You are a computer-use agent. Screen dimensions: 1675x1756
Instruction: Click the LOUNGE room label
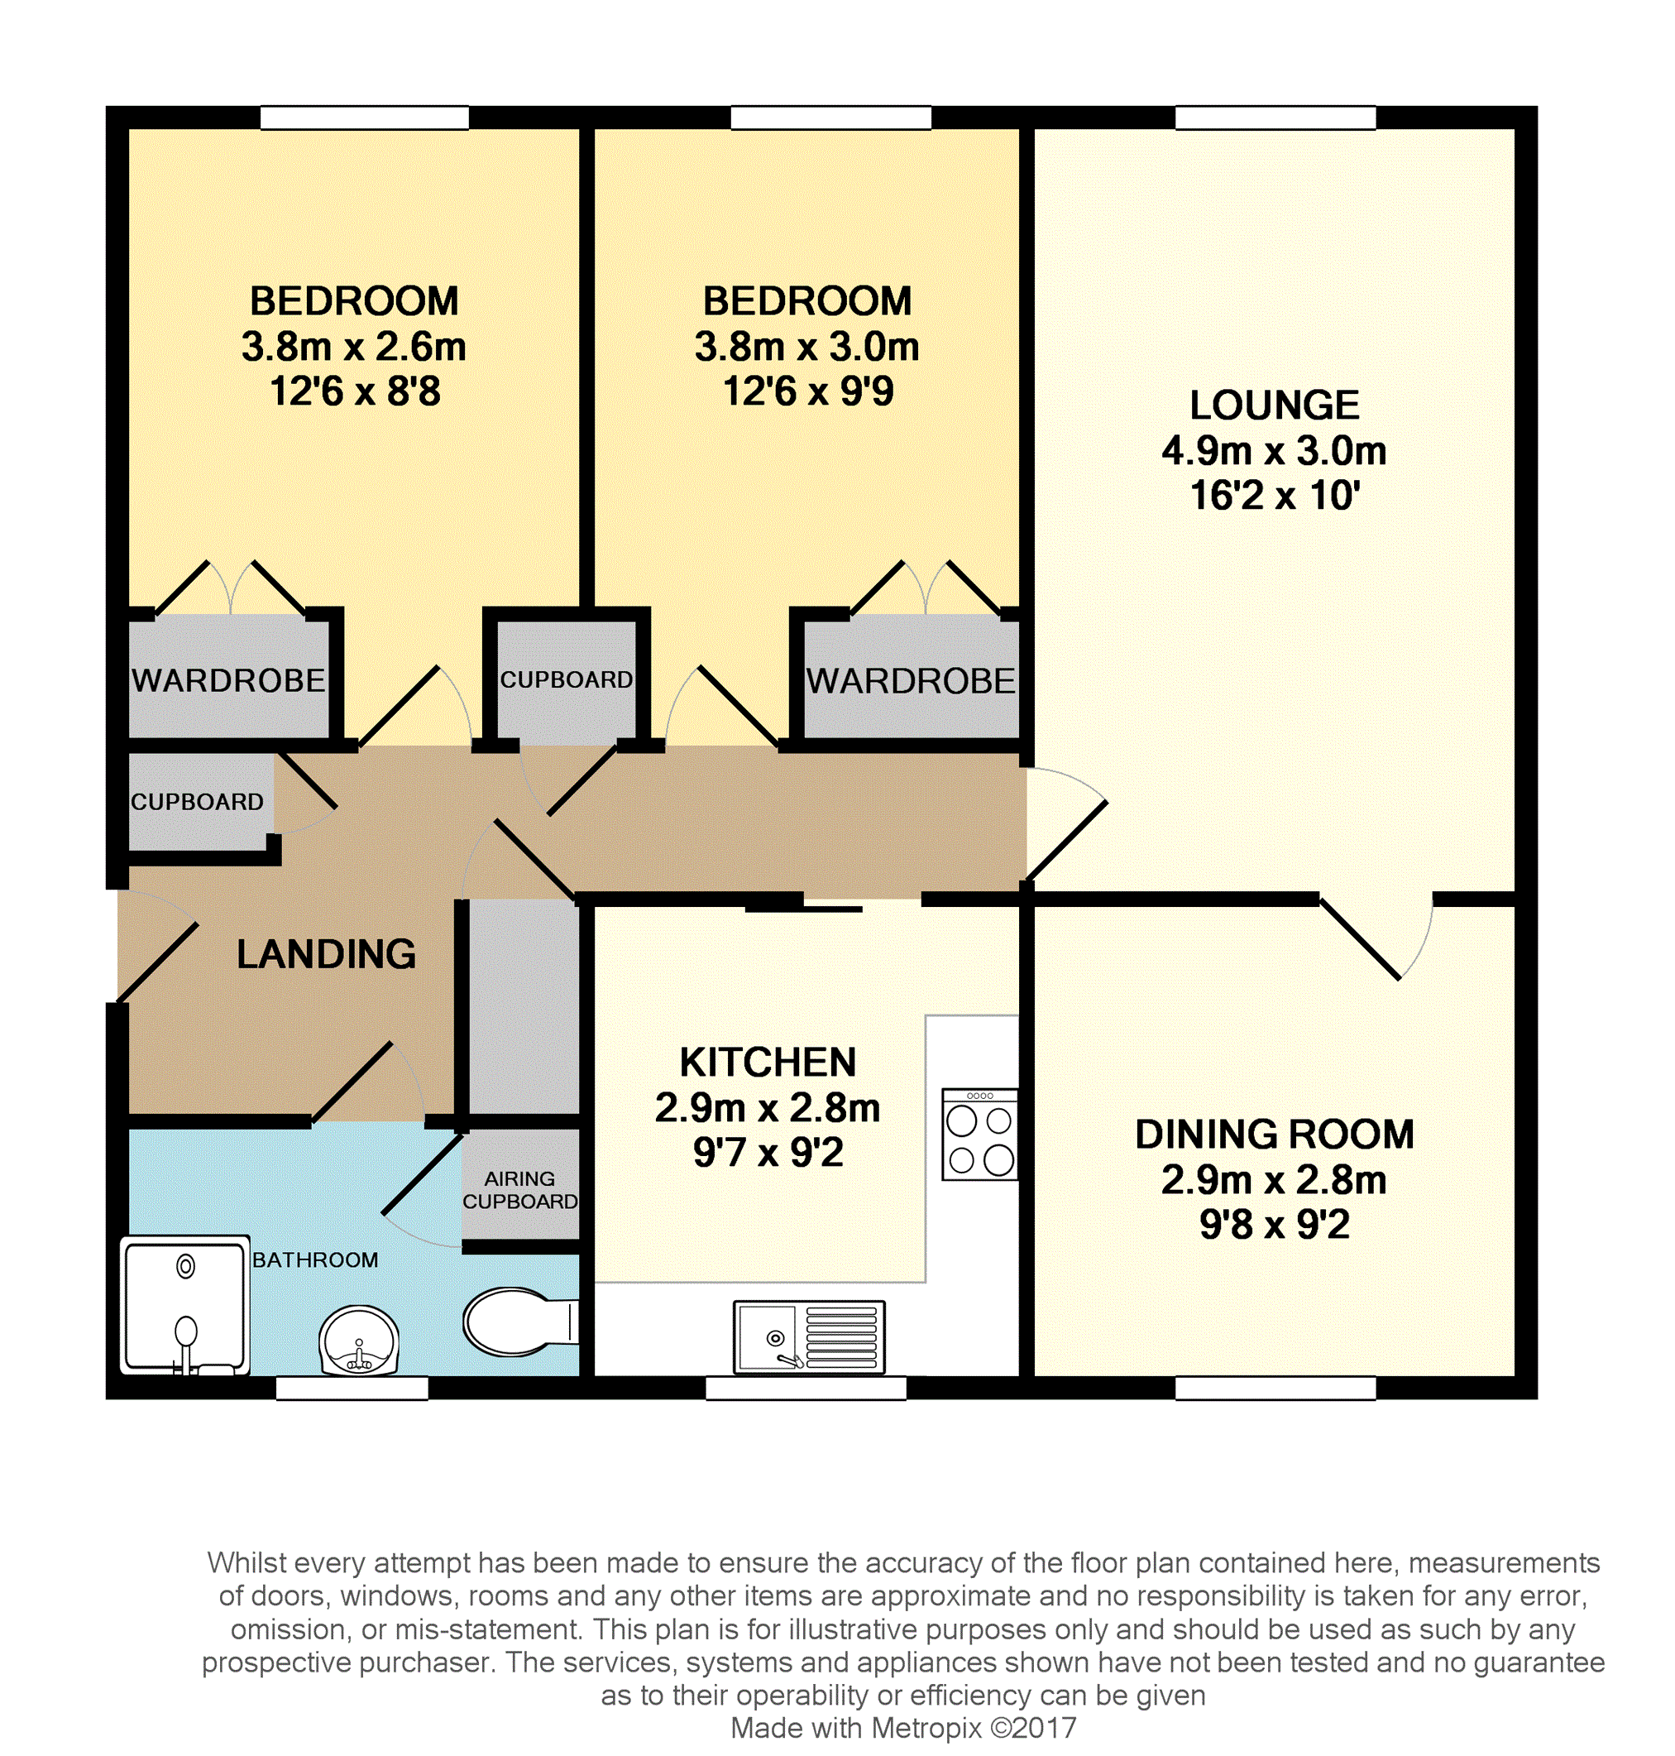[1274, 405]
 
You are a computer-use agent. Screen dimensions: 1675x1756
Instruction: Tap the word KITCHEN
[768, 1063]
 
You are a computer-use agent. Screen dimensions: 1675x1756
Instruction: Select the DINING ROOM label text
[1274, 1135]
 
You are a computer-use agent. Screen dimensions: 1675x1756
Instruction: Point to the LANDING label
[326, 955]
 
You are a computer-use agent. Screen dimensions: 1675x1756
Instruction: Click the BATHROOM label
[315, 1260]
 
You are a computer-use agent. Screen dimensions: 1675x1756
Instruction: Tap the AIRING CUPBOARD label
[519, 1191]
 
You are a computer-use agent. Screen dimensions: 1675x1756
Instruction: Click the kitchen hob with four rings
[979, 1135]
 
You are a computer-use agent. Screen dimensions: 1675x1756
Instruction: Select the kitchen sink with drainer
[809, 1337]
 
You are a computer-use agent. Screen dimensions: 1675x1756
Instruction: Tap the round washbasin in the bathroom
[359, 1341]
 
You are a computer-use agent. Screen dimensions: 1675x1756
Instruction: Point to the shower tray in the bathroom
[184, 1305]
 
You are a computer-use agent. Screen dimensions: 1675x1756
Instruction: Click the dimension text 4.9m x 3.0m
[1274, 451]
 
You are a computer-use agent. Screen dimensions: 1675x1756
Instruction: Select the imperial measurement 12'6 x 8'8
[356, 392]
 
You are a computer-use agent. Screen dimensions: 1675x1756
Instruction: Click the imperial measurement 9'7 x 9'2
[768, 1153]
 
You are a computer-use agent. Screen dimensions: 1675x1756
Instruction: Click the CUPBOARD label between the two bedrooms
[566, 679]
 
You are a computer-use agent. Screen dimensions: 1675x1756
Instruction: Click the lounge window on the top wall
[1275, 118]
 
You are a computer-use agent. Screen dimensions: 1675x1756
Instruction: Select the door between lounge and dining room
[1376, 938]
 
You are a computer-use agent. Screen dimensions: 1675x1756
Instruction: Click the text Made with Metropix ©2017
[903, 1729]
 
